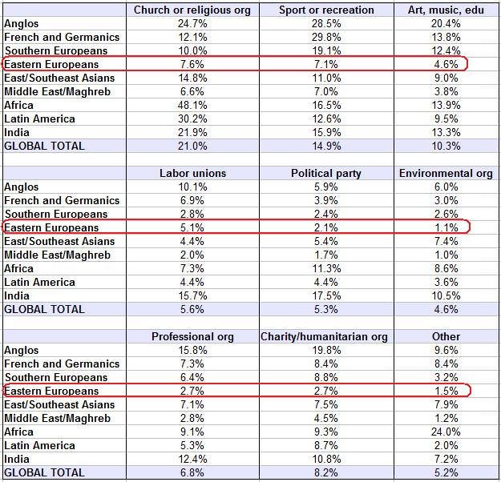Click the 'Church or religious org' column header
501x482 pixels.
click(x=192, y=10)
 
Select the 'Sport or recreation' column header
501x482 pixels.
click(x=326, y=10)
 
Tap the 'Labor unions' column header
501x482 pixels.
click(x=192, y=173)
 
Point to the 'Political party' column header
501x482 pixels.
click(x=326, y=173)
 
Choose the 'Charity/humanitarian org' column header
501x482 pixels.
click(x=324, y=337)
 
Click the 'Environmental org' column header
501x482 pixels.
click(x=446, y=173)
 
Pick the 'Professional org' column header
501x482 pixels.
click(x=192, y=337)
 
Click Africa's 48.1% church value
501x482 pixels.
click(x=192, y=106)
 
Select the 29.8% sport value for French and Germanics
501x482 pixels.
click(x=326, y=38)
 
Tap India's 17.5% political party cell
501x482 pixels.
click(x=326, y=296)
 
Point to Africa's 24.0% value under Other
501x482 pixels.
click(x=446, y=432)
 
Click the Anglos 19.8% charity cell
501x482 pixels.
click(x=326, y=350)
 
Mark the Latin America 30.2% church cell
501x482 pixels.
click(x=192, y=119)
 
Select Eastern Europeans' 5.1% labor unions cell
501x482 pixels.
click(x=192, y=228)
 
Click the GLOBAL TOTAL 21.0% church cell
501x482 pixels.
click(x=192, y=147)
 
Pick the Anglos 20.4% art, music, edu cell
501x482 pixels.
click(x=446, y=24)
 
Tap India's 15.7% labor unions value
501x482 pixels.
click(x=192, y=296)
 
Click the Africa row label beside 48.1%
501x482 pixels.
click(x=18, y=106)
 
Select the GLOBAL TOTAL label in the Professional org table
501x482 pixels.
click(x=44, y=472)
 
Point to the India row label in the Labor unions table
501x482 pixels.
click(x=17, y=296)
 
